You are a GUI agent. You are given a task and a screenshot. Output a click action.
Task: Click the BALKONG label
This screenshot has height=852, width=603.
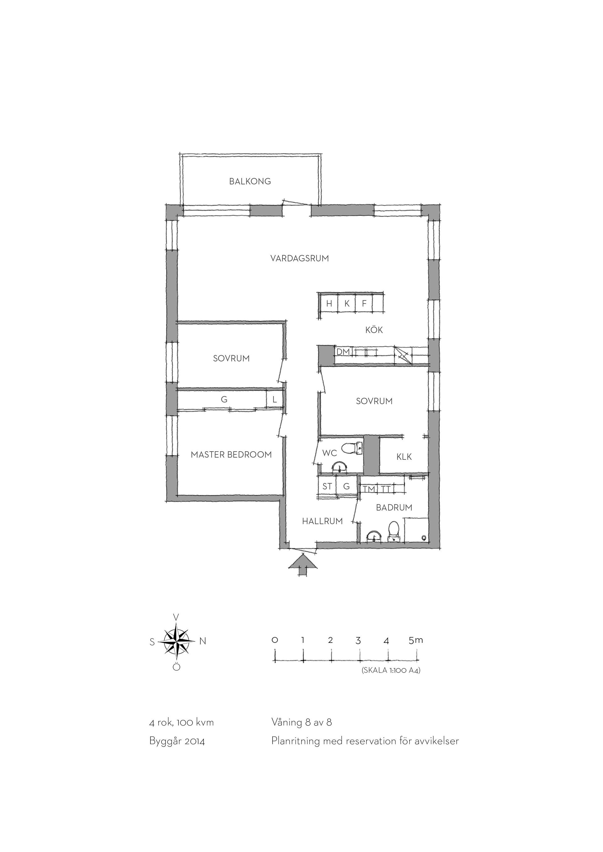click(x=250, y=181)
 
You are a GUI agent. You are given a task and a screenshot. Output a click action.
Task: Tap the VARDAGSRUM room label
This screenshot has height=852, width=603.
click(x=300, y=258)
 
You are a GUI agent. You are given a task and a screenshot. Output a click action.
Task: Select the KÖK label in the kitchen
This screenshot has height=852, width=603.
click(x=374, y=330)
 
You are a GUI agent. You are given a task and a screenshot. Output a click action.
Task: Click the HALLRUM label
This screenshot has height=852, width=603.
click(x=322, y=521)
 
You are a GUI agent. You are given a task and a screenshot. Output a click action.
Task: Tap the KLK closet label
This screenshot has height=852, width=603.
click(x=404, y=456)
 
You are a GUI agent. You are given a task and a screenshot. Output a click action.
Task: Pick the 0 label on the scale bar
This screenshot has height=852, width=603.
click(x=275, y=640)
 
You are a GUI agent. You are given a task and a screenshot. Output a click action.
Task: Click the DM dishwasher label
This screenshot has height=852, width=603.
click(x=343, y=351)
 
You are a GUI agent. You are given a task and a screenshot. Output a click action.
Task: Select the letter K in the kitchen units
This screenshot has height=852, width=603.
click(x=347, y=303)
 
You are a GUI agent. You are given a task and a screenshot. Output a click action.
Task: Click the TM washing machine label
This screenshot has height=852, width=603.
click(x=369, y=490)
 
